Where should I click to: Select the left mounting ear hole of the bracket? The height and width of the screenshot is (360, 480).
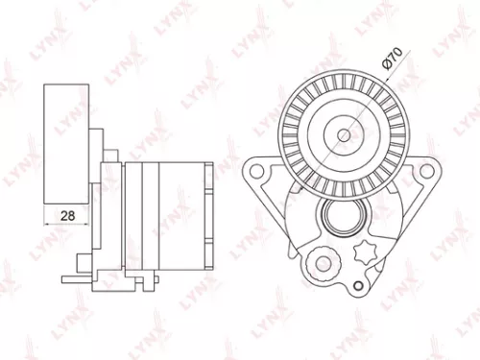click(x=256, y=172)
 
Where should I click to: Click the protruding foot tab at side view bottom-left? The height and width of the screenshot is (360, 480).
click(x=71, y=279)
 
